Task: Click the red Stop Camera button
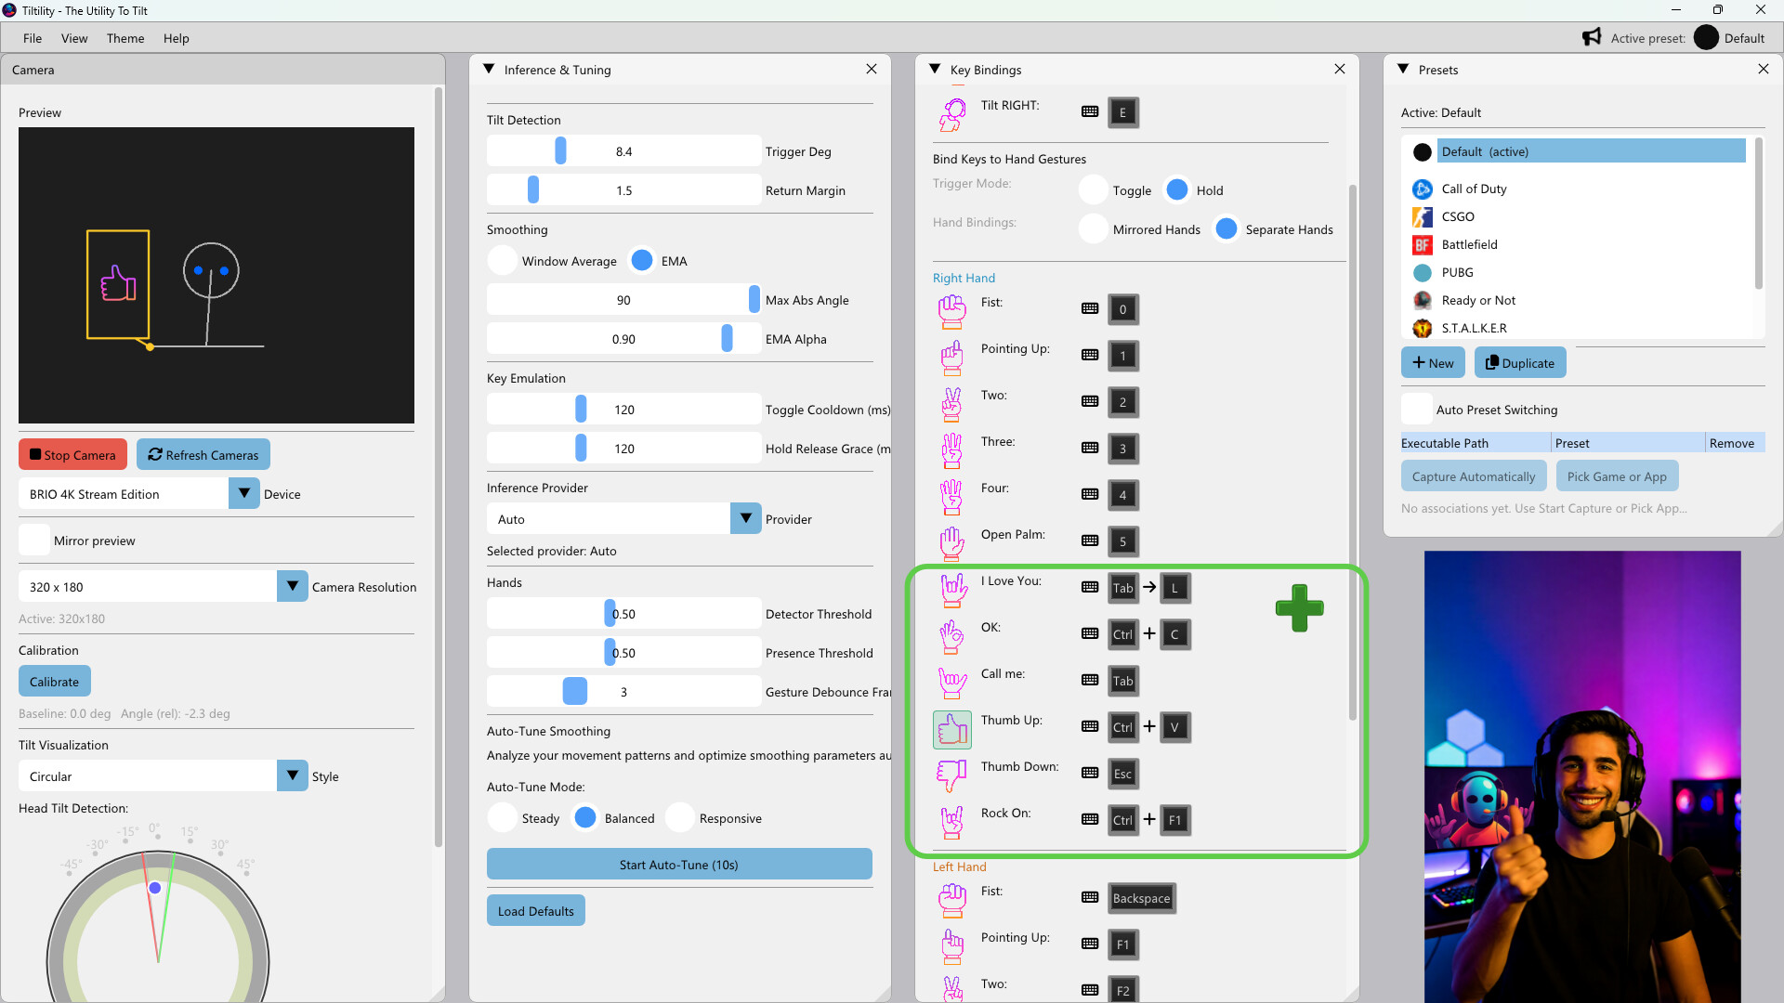point(72,455)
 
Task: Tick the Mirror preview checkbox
point(34,541)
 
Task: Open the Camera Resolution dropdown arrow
point(292,587)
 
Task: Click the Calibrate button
point(54,682)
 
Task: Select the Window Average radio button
point(503,261)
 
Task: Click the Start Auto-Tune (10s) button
point(678,865)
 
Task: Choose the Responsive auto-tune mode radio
point(680,818)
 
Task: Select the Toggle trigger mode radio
point(1094,190)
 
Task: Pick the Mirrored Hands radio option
point(1094,229)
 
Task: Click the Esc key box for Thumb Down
point(1122,774)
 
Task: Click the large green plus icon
point(1299,608)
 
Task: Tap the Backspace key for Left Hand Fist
point(1141,898)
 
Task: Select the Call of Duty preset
point(1474,189)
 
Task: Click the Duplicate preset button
point(1519,363)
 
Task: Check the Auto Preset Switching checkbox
point(1417,410)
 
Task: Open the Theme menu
point(125,38)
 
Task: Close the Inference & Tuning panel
point(871,70)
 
